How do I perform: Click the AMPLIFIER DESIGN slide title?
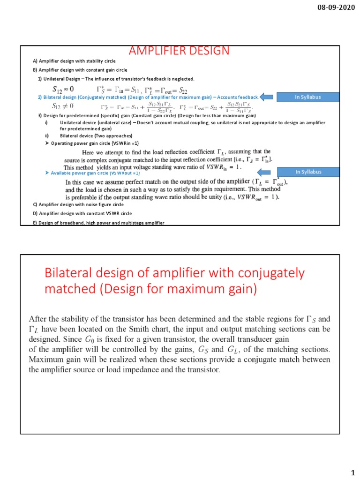click(x=180, y=51)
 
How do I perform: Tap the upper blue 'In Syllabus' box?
click(x=308, y=97)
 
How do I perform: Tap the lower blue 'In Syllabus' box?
click(x=308, y=172)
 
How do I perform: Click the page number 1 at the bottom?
click(x=352, y=470)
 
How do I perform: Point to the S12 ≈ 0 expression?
click(x=63, y=88)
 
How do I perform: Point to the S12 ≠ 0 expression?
click(x=63, y=106)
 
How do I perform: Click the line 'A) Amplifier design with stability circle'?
click(x=74, y=61)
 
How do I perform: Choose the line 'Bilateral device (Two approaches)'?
click(x=96, y=136)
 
